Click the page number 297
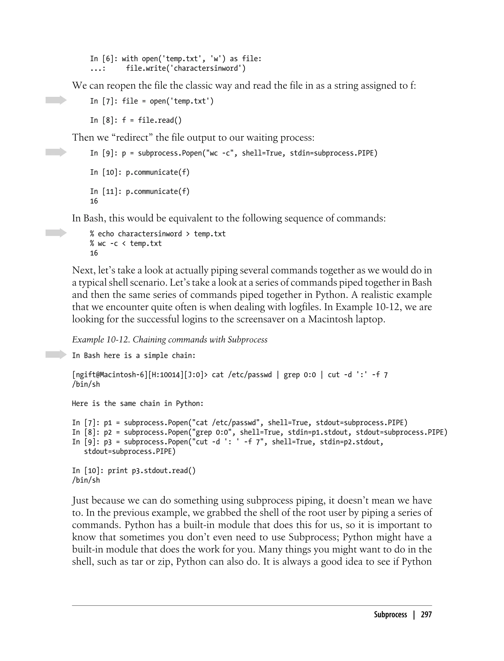[426, 615]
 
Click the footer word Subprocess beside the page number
[390, 615]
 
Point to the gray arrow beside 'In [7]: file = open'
[56, 100]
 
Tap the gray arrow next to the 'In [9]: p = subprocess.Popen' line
[56, 152]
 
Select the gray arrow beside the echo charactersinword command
[56, 233]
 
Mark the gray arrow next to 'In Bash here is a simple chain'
[56, 354]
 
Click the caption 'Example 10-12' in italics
[100, 339]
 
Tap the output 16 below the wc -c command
[94, 253]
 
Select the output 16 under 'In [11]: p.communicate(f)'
[94, 201]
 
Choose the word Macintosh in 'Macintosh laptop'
[330, 319]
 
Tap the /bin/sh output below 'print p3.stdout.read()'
[86, 480]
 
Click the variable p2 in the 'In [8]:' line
[108, 432]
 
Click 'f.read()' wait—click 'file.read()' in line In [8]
[160, 120]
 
